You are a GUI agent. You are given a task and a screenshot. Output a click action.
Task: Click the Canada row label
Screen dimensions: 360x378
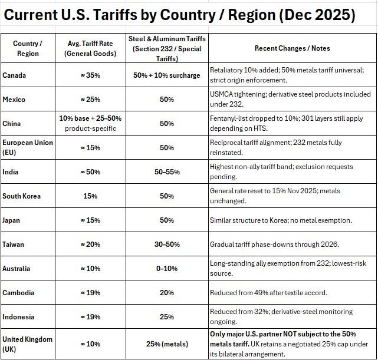pyautogui.click(x=14, y=75)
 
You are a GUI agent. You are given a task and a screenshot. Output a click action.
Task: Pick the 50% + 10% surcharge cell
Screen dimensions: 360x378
pyautogui.click(x=166, y=75)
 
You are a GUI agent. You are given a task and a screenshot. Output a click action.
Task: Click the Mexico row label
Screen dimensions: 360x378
pyautogui.click(x=15, y=100)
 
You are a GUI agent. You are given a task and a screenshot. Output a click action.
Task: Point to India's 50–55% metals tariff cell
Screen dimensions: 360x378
pyautogui.click(x=166, y=171)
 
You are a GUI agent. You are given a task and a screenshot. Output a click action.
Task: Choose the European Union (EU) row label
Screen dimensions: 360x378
pyautogui.click(x=27, y=147)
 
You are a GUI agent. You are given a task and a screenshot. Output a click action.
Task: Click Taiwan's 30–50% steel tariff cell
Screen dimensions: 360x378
pyautogui.click(x=166, y=245)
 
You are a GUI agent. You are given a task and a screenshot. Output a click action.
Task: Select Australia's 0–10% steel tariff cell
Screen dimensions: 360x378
pyautogui.click(x=166, y=269)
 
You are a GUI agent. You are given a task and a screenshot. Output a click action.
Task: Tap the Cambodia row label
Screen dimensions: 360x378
pyautogui.click(x=18, y=293)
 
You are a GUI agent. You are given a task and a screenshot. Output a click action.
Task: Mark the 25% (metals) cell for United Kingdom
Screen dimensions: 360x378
pyautogui.click(x=166, y=344)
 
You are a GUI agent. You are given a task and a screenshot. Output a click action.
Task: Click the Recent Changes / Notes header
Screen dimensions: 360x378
pyautogui.click(x=292, y=48)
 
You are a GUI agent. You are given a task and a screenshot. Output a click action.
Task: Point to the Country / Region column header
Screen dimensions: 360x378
pyautogui.click(x=28, y=48)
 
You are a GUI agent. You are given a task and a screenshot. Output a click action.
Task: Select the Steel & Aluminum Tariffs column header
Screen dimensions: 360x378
pyautogui.click(x=166, y=48)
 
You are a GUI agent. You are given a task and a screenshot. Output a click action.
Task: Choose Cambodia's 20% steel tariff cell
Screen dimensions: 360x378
pyautogui.click(x=166, y=293)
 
